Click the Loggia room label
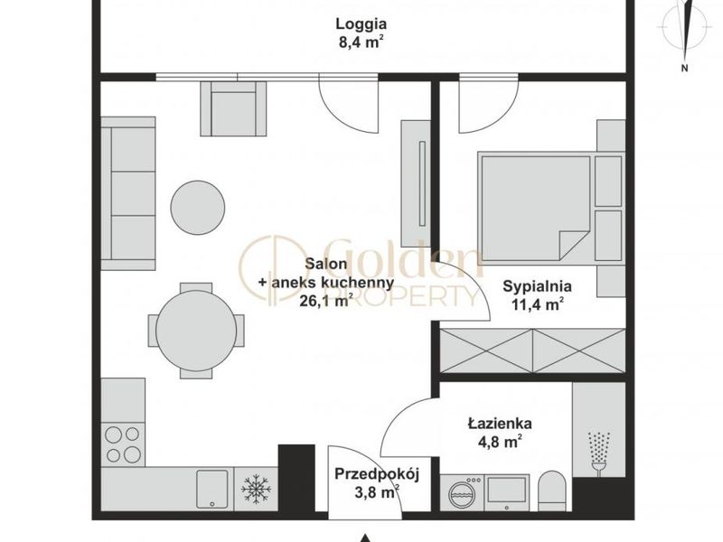pyautogui.click(x=361, y=23)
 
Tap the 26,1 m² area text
pyautogui.click(x=326, y=301)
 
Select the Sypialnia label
pyautogui.click(x=537, y=286)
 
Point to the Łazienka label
pyautogui.click(x=500, y=423)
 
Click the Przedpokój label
pyautogui.click(x=377, y=474)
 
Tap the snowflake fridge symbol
pyautogui.click(x=257, y=489)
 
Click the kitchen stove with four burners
pyautogui.click(x=123, y=444)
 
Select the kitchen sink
pyautogui.click(x=212, y=489)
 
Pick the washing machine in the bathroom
pyautogui.click(x=462, y=492)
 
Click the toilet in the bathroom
pyautogui.click(x=552, y=491)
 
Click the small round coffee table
pyautogui.click(x=198, y=208)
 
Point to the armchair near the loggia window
pyautogui.click(x=233, y=108)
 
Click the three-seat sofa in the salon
pyautogui.click(x=128, y=193)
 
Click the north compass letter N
pyautogui.click(x=685, y=69)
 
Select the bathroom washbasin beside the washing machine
pyautogui.click(x=507, y=492)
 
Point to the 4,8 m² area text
pyautogui.click(x=501, y=442)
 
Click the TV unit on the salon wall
pyautogui.click(x=416, y=183)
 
